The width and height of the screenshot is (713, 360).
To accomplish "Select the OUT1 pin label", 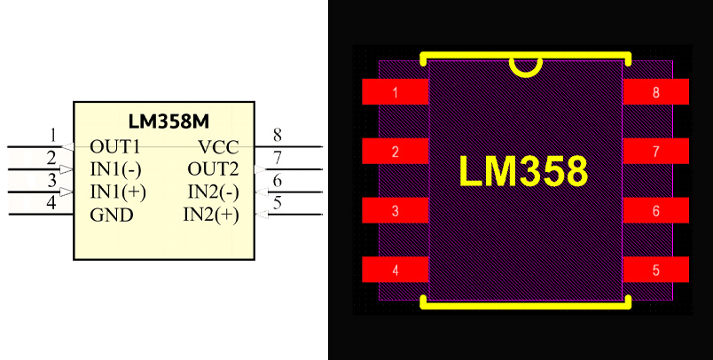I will [115, 146].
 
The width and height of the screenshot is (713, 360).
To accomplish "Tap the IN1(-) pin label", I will [116, 168].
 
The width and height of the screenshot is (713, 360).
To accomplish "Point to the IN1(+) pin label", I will [118, 192].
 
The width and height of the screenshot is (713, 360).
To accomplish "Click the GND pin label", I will [112, 215].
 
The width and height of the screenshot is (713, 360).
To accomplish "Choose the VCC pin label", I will [218, 146].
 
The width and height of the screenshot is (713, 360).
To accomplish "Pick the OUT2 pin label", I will [213, 168].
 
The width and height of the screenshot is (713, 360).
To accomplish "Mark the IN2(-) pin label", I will [213, 192].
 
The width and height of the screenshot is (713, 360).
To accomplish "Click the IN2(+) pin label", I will [211, 215].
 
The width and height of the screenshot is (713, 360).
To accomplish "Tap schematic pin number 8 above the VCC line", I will [278, 135].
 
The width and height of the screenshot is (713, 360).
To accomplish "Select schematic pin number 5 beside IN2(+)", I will [278, 203].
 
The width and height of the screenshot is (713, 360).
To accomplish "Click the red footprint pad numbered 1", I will [396, 92].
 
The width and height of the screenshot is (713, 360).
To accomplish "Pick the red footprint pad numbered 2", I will [396, 152].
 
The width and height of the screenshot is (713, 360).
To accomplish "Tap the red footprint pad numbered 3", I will [396, 211].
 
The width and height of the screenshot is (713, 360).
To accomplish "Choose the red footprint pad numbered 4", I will [396, 270].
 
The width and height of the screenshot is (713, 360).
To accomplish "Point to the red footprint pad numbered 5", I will [656, 270].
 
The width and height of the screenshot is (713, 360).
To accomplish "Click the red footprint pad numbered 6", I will [656, 211].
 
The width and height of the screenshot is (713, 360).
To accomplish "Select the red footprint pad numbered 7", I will [656, 152].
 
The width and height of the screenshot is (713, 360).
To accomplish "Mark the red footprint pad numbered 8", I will [656, 92].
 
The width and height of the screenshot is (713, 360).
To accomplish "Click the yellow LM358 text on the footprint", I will [523, 171].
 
